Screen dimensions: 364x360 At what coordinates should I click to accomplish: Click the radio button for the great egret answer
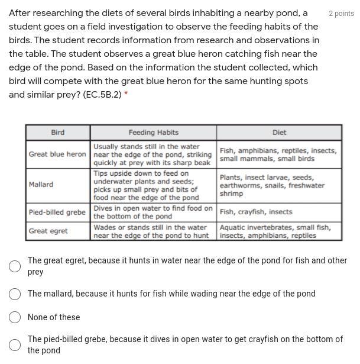tap(15, 266)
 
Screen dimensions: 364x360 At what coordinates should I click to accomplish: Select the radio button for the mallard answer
tap(15, 294)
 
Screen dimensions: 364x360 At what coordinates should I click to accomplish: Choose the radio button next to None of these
tap(15, 317)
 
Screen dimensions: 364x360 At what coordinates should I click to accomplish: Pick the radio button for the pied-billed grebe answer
tap(15, 345)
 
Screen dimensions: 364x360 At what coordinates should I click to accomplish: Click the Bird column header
tap(58, 133)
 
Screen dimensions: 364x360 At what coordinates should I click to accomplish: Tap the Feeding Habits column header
tap(153, 133)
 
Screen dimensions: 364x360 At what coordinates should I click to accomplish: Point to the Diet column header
tap(279, 133)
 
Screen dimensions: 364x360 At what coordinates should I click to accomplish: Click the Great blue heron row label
tap(57, 154)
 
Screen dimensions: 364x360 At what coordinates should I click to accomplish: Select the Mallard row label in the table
tap(41, 185)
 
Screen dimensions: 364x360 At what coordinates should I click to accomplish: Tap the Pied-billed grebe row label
tap(57, 212)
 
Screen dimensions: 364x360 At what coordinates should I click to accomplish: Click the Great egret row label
tap(48, 231)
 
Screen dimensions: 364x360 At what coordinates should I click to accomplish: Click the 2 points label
tap(341, 14)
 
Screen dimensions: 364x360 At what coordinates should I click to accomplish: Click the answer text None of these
tap(54, 317)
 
